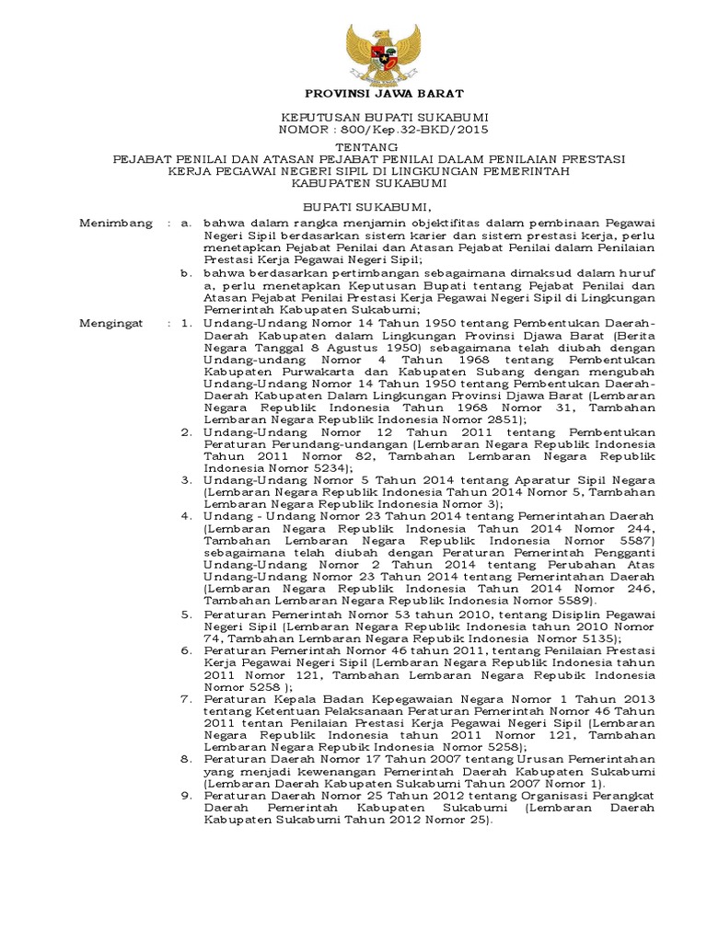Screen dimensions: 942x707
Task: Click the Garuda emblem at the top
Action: coord(382,52)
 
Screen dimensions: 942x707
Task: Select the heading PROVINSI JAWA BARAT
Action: coord(384,94)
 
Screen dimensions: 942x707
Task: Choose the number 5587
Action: coord(628,542)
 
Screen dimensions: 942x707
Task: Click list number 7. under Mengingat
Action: coord(186,699)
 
